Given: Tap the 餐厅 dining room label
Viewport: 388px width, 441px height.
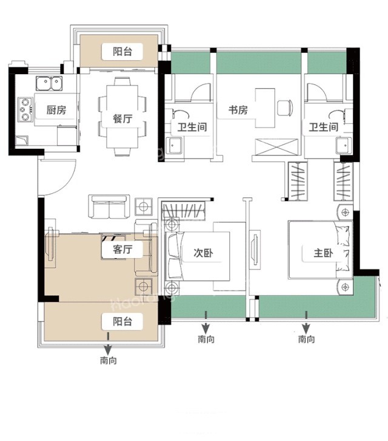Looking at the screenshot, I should [122, 119].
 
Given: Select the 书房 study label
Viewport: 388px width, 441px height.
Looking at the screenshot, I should [238, 111].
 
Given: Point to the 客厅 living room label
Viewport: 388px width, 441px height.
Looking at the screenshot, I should [118, 250].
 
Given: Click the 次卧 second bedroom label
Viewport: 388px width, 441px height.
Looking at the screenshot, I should [202, 253].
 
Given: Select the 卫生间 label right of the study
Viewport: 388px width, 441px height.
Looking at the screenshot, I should [323, 128].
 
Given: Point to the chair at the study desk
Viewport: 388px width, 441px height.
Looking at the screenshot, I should [284, 108].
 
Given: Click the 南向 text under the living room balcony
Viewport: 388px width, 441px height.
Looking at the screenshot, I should [109, 360].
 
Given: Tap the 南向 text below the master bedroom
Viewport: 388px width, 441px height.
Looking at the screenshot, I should [306, 340].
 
